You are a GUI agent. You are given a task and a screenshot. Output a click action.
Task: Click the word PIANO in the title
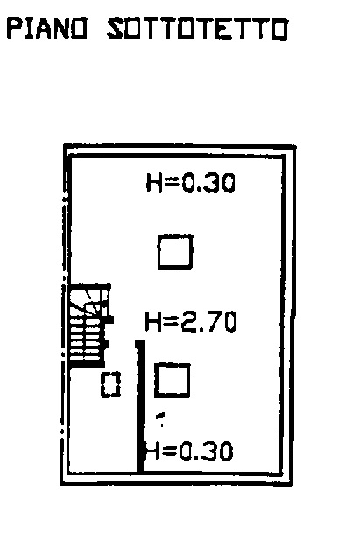(x=47, y=28)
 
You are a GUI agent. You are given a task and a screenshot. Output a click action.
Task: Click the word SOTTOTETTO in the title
(x=198, y=29)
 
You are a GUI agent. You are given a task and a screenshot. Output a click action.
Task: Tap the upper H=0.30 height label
(x=191, y=183)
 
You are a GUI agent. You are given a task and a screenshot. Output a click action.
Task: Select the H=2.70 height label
(x=191, y=321)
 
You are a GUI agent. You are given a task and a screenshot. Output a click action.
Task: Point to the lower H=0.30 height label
(x=189, y=451)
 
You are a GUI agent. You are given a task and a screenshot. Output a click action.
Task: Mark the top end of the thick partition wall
(x=140, y=340)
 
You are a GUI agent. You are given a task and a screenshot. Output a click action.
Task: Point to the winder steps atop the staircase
(x=89, y=301)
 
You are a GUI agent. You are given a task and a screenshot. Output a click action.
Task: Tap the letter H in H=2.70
(x=152, y=322)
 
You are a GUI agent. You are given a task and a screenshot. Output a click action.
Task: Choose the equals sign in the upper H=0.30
(x=171, y=182)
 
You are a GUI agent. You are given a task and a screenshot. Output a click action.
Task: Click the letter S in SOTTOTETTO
(x=116, y=29)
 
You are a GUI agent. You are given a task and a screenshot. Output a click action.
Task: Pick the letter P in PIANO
(x=14, y=28)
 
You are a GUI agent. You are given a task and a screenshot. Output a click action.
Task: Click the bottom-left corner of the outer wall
(x=62, y=484)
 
